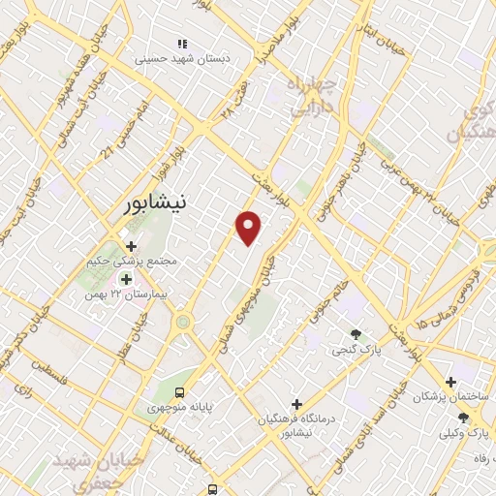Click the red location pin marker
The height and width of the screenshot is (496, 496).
click(250, 227)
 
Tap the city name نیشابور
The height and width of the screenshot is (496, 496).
click(161, 204)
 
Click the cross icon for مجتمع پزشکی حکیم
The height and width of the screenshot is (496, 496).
click(131, 246)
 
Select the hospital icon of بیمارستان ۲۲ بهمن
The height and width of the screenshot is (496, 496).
click(125, 279)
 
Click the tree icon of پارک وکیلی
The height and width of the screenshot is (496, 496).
click(463, 418)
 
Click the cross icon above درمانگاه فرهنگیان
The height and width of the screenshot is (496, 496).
click(296, 403)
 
